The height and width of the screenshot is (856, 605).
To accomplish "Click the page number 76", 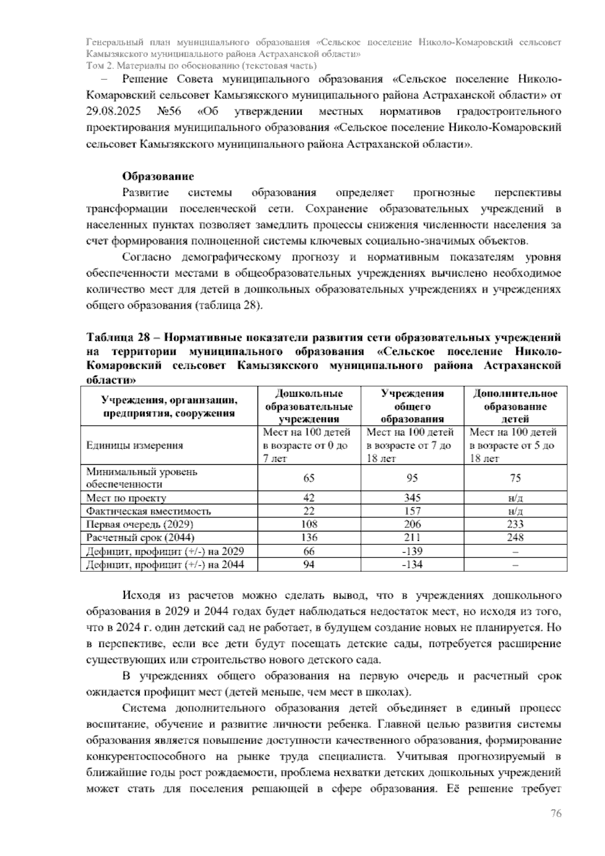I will click(556, 813).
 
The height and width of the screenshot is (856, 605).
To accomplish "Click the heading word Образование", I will click(158, 177).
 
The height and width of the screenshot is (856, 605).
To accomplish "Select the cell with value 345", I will click(412, 498).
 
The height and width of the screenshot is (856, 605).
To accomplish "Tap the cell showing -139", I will click(412, 551).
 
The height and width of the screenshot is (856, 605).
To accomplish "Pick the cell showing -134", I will click(412, 564).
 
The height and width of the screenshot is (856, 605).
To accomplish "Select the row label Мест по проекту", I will click(126, 498).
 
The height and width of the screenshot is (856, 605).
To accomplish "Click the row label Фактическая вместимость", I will click(148, 511).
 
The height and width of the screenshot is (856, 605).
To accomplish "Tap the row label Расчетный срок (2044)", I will click(140, 538).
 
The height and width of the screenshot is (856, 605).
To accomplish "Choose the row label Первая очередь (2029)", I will click(140, 524).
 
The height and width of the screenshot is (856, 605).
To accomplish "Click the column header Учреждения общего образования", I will click(412, 406).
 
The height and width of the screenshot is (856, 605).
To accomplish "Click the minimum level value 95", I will click(412, 478).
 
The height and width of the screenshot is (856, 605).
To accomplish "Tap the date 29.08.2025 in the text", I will click(113, 111).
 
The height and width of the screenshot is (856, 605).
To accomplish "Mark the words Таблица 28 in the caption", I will click(116, 337).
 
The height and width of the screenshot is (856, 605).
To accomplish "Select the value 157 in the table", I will click(412, 511).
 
